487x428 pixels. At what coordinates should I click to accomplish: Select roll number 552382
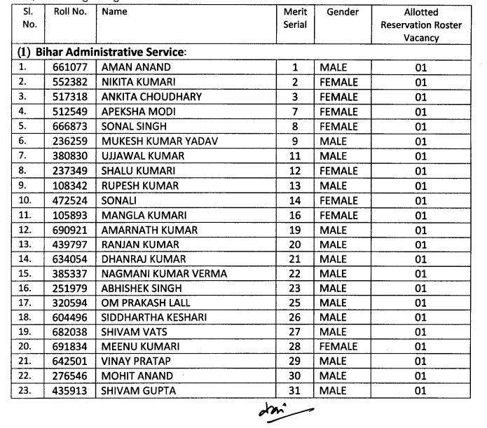[x=67, y=82]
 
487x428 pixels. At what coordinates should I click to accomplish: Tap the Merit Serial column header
[x=294, y=18]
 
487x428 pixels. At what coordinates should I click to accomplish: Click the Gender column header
[x=342, y=13]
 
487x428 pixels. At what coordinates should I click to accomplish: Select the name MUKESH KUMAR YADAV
[x=160, y=141]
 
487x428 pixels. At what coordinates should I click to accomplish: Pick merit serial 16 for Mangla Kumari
[x=294, y=216]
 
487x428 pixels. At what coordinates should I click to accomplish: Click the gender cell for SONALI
[x=338, y=201]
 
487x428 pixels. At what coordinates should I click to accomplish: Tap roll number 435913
[x=67, y=390]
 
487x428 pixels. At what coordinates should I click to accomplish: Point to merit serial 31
[x=294, y=390]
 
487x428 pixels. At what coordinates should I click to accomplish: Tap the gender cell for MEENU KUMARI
[x=338, y=346]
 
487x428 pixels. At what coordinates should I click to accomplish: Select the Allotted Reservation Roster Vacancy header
[x=421, y=25]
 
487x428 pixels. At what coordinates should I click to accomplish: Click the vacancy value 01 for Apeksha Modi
[x=420, y=112]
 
